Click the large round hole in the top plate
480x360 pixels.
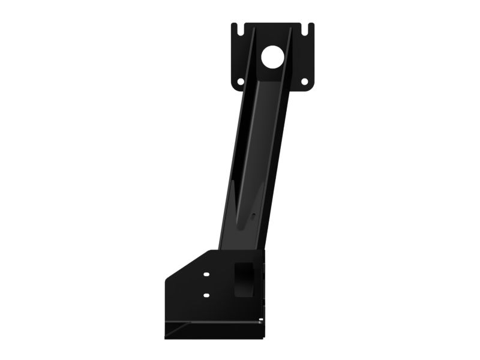(272, 57)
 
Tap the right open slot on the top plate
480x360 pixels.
(310, 28)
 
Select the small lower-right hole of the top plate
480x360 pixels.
(304, 82)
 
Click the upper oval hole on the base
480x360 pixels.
(206, 274)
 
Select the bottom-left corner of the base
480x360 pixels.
(166, 337)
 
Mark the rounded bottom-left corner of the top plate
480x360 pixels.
(233, 88)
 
